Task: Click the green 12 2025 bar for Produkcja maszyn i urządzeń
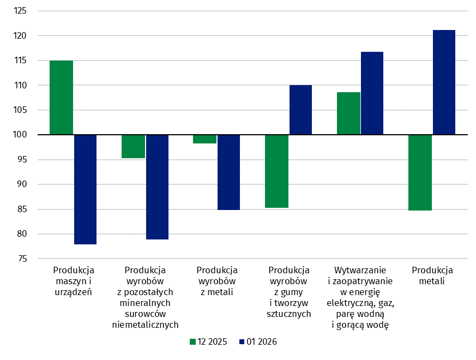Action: pos(62,98)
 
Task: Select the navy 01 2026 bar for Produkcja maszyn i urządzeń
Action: pos(85,189)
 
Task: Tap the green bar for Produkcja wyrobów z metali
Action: pos(205,139)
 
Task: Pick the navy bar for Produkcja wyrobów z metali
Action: pos(228,172)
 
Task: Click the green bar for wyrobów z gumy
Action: pos(277,171)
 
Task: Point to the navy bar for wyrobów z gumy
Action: pos(300,110)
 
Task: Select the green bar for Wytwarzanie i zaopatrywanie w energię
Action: pos(348,113)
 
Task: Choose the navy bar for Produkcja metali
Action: pos(444,82)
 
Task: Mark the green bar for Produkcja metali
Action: pos(420,172)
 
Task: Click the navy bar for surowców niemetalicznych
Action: pos(157,187)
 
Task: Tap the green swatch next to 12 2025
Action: pos(192,342)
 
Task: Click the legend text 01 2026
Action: pos(262,342)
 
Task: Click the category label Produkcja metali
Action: pos(432,275)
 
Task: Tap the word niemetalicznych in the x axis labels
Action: pos(146,325)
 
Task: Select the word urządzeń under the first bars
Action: pos(74,292)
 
